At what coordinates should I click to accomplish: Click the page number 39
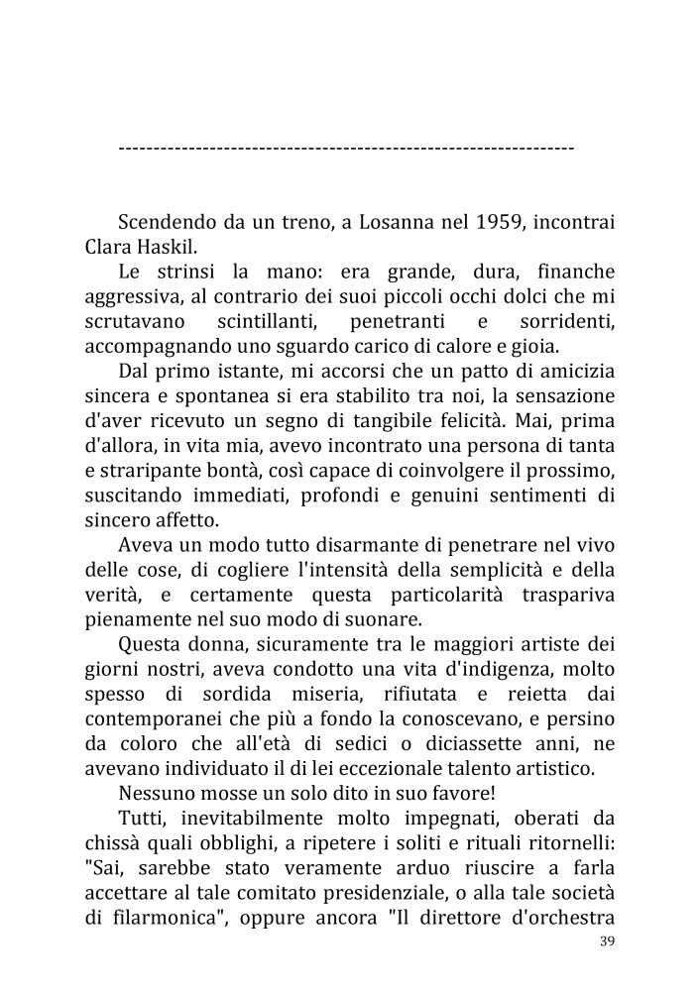point(608,941)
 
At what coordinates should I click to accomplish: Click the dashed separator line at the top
point(346,148)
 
